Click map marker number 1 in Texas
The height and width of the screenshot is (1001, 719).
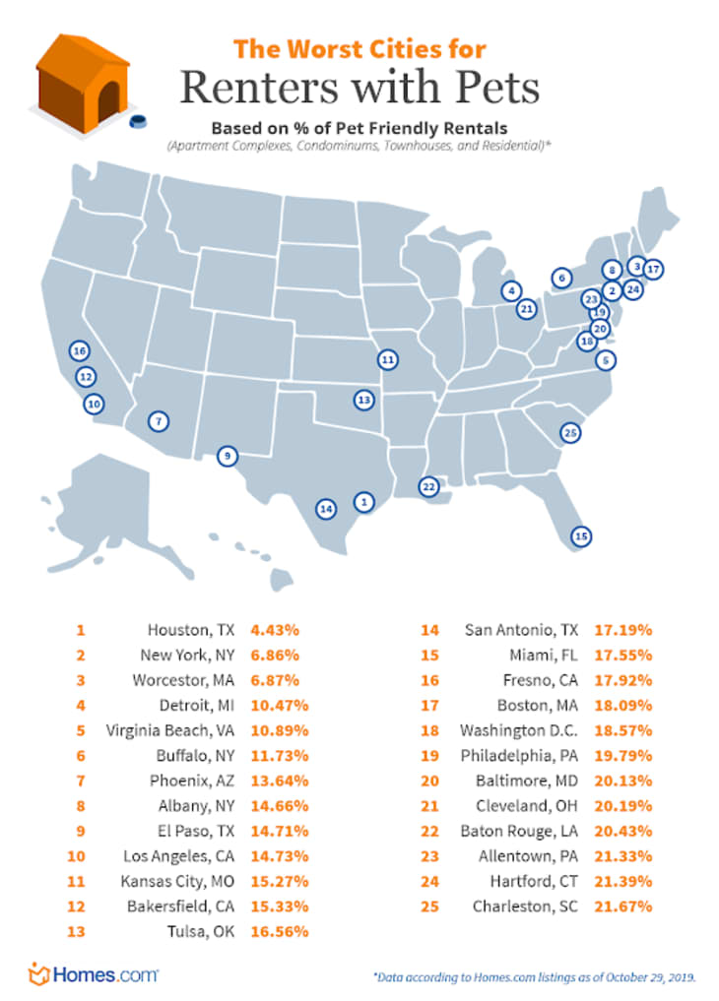(x=363, y=502)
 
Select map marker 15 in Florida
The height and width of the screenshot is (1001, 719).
(x=581, y=536)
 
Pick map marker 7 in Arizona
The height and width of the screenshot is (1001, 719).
(x=158, y=421)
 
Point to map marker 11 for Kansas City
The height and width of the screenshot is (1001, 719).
(x=388, y=359)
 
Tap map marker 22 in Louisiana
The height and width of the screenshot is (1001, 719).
(x=427, y=486)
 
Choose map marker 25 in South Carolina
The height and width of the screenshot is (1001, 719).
(x=568, y=432)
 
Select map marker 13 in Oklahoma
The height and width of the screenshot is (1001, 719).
(x=364, y=400)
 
